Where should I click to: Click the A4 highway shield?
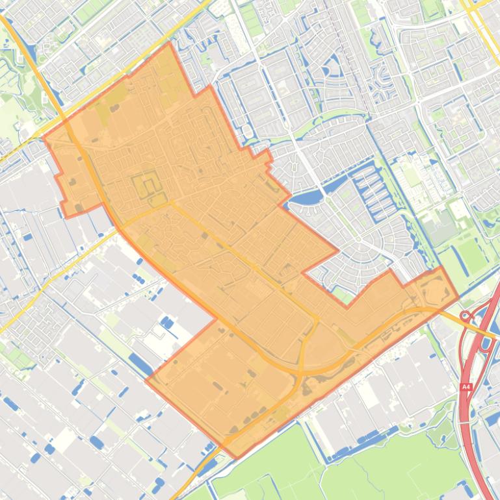(x=466, y=386)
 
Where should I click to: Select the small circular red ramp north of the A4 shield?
(x=466, y=316)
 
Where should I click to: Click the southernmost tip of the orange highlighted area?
(x=236, y=458)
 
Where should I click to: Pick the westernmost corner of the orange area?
(x=44, y=137)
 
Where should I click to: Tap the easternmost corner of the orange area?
(x=458, y=297)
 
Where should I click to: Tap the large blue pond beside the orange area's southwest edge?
(x=140, y=364)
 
